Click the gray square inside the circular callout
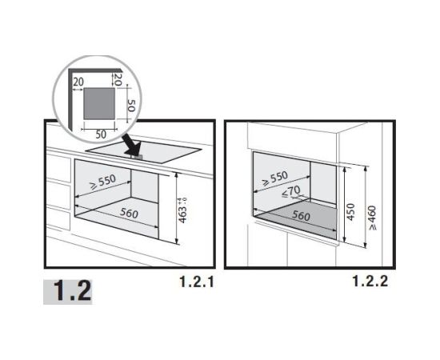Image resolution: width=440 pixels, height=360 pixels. click(99, 103)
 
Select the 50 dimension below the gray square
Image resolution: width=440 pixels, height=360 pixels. click(101, 134)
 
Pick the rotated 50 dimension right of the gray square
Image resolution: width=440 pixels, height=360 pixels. click(131, 106)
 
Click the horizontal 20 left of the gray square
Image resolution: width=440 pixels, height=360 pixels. click(78, 82)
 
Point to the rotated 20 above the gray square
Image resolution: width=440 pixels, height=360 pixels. click(118, 79)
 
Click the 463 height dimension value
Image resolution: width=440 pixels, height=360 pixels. click(182, 214)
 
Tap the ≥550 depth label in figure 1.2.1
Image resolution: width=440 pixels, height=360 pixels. click(102, 182)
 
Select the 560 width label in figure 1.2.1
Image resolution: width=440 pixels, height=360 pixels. click(129, 214)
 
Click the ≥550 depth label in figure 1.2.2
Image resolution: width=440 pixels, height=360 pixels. click(275, 178)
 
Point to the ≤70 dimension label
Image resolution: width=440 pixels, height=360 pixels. click(290, 192)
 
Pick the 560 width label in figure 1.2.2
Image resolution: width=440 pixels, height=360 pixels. click(301, 216)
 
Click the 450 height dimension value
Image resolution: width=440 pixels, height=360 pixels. click(350, 212)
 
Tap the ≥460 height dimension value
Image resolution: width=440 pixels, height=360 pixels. click(372, 218)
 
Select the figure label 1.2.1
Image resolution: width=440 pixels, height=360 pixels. click(197, 282)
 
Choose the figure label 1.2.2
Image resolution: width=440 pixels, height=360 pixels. click(370, 281)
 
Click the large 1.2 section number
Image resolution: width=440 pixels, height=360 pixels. click(72, 291)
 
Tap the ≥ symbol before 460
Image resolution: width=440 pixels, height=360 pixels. click(373, 226)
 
